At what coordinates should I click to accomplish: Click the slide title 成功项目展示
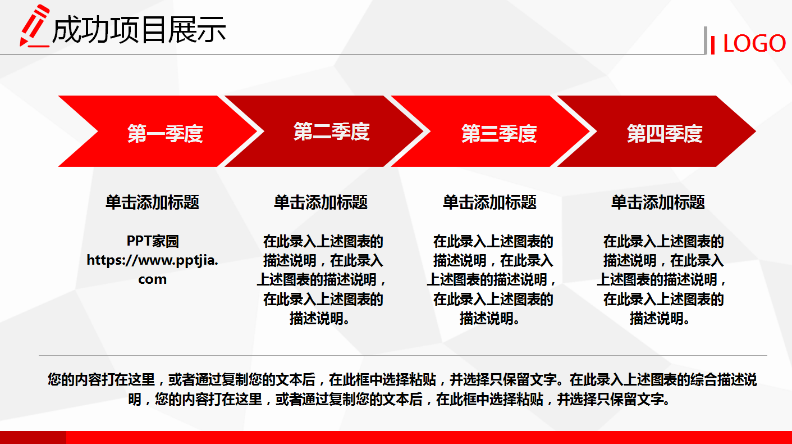click(x=139, y=29)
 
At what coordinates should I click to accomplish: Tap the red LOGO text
click(x=754, y=43)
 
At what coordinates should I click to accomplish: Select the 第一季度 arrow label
click(x=164, y=134)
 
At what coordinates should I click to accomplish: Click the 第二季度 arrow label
click(x=331, y=132)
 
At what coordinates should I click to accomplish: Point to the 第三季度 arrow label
click(x=499, y=134)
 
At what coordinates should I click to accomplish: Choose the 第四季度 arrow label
click(x=665, y=134)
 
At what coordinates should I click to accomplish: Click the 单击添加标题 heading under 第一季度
click(x=153, y=202)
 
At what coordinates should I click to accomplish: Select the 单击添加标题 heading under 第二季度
click(x=321, y=202)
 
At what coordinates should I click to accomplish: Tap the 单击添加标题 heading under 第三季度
click(x=490, y=202)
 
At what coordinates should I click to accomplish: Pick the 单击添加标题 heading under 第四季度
click(x=658, y=202)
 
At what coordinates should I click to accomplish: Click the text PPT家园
click(x=153, y=241)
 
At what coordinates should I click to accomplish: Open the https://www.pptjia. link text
click(x=153, y=260)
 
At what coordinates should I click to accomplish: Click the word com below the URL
click(x=153, y=279)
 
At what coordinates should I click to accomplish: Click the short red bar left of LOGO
click(x=713, y=44)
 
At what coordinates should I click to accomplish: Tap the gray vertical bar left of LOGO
click(x=706, y=40)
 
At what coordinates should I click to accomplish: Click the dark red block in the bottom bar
click(x=33, y=437)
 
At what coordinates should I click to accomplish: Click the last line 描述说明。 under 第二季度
click(x=321, y=318)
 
